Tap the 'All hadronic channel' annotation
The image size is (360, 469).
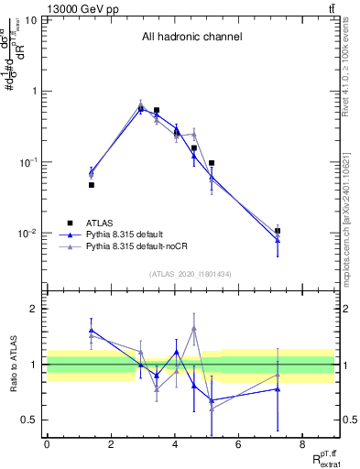coord(191,38)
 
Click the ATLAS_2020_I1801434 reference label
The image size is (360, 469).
coord(191,274)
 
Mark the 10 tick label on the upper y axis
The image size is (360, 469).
coord(32,19)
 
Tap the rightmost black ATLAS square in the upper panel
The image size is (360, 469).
coord(278,231)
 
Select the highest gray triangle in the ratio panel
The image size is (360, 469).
coord(194,328)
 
